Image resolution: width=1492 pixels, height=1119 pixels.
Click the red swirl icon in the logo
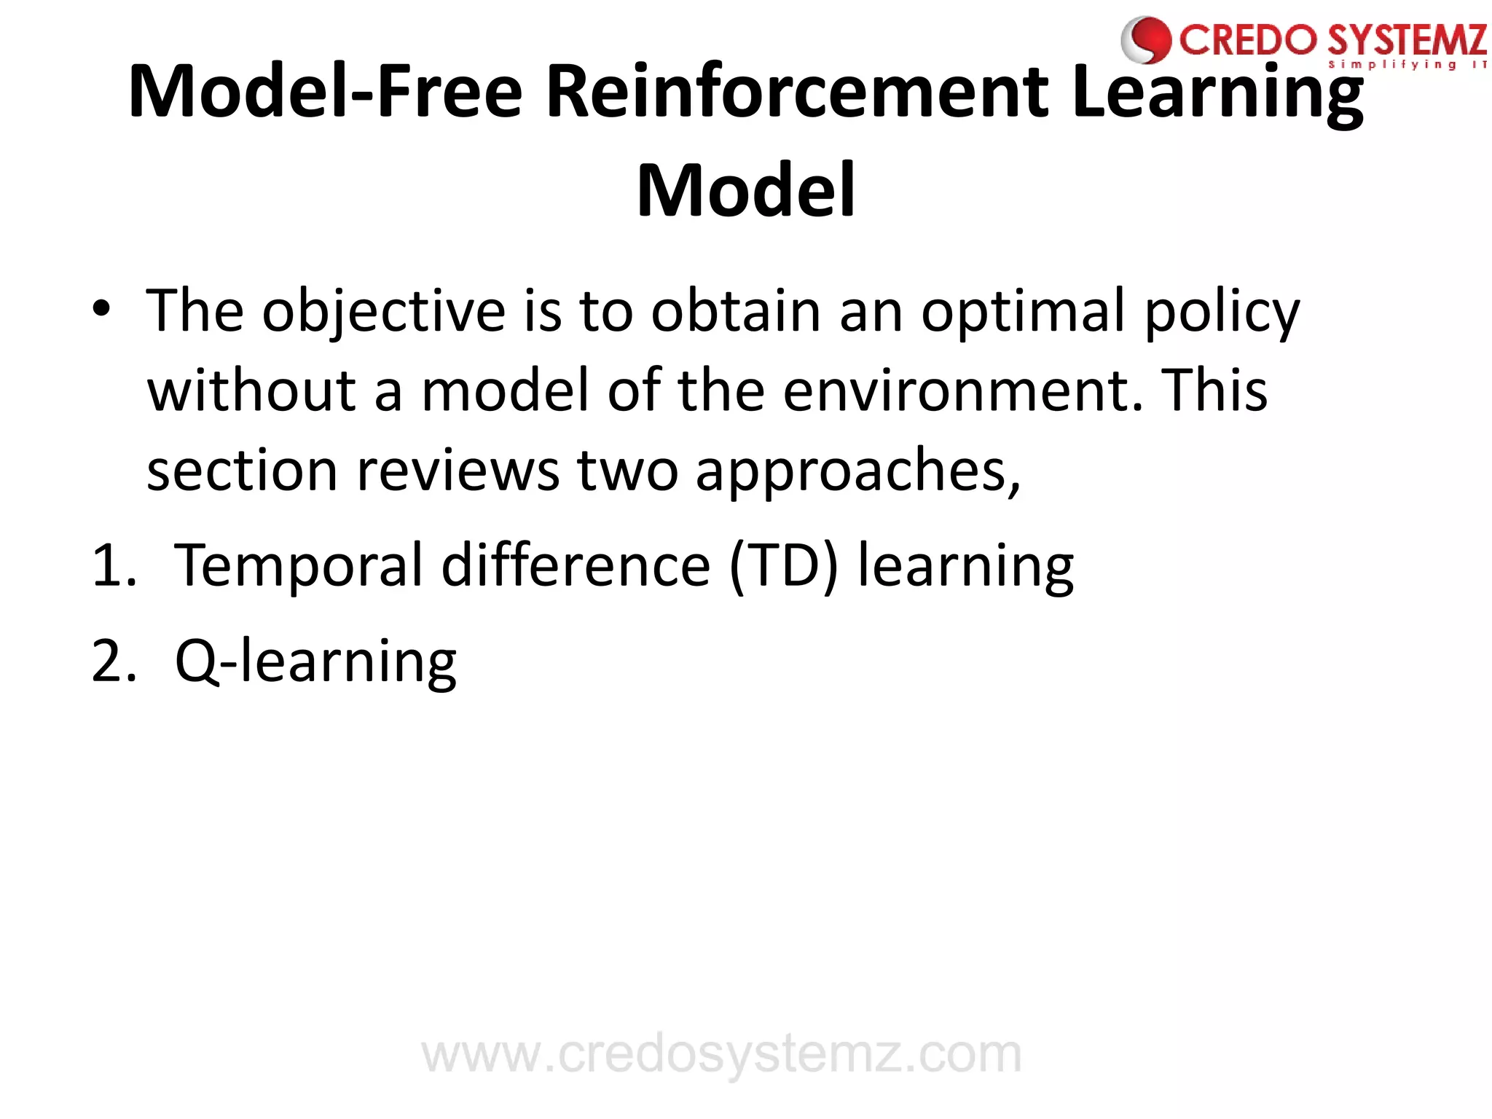pos(1147,40)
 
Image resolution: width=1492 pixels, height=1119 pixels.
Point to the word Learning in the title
pos(1217,93)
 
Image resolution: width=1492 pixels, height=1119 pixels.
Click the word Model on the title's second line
pos(746,191)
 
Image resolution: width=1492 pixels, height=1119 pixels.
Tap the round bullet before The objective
pos(101,309)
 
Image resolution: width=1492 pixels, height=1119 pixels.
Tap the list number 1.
pos(113,566)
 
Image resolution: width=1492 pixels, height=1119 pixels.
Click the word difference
pos(576,566)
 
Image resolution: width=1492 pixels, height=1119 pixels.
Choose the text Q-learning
pos(316,661)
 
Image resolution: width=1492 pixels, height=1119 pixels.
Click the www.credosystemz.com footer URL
pos(722,1054)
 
